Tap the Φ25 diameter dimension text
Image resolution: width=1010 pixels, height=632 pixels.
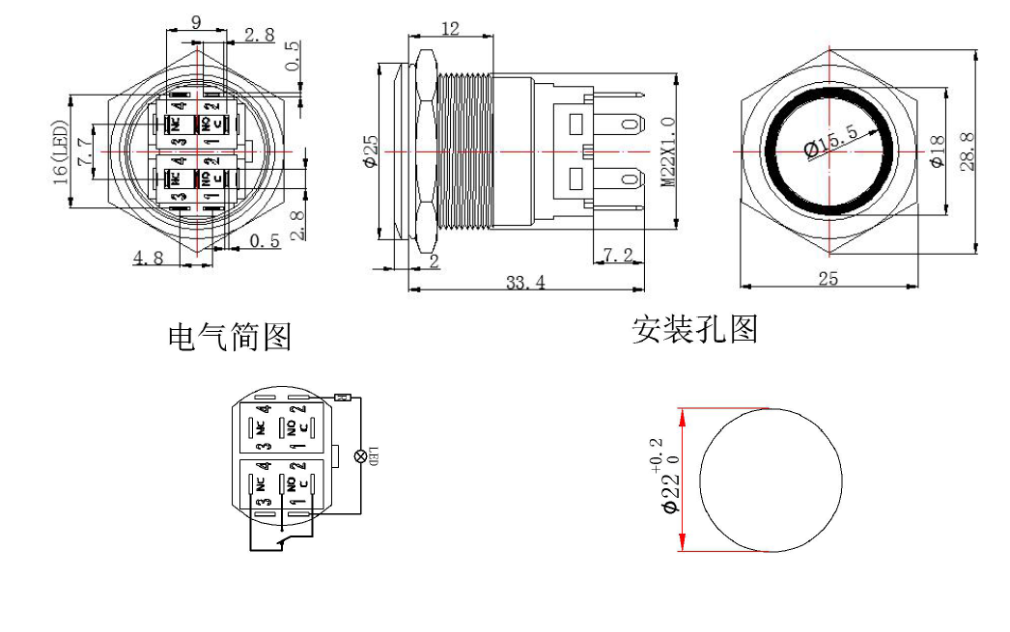click(370, 151)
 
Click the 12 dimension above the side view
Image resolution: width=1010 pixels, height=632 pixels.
click(450, 30)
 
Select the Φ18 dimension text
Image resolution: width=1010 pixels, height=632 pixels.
click(935, 151)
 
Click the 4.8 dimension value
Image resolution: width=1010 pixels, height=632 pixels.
click(148, 258)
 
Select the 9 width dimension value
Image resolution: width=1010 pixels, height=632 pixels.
click(196, 23)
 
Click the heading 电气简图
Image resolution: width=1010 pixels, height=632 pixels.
click(230, 338)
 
